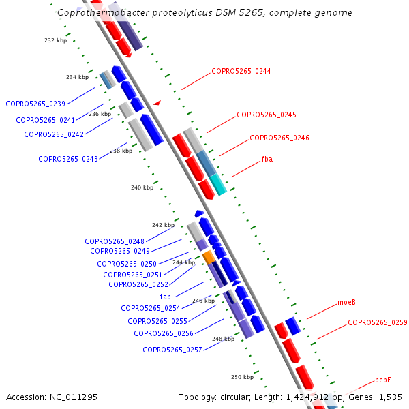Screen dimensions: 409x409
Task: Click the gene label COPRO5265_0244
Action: tap(241, 71)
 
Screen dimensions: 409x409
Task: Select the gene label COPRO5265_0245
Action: tap(266, 115)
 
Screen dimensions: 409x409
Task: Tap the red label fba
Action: tap(267, 159)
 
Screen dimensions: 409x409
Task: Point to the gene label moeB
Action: tap(346, 302)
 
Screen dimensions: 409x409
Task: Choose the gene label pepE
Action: tap(383, 380)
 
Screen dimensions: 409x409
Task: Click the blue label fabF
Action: tap(168, 297)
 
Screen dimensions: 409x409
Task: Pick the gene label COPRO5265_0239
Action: tap(35, 104)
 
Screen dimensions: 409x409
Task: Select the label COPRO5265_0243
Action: tap(68, 159)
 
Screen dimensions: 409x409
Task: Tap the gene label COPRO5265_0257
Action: tap(172, 350)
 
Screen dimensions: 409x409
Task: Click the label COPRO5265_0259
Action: tap(378, 322)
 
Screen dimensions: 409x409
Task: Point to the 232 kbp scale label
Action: tap(55, 40)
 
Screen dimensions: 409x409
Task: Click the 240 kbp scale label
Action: tap(142, 187)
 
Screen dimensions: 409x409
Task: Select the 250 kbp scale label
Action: tap(242, 377)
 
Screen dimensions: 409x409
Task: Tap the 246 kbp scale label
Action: tap(203, 301)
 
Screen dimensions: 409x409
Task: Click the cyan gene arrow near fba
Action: tap(218, 184)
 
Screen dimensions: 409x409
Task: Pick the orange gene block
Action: tap(209, 257)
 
